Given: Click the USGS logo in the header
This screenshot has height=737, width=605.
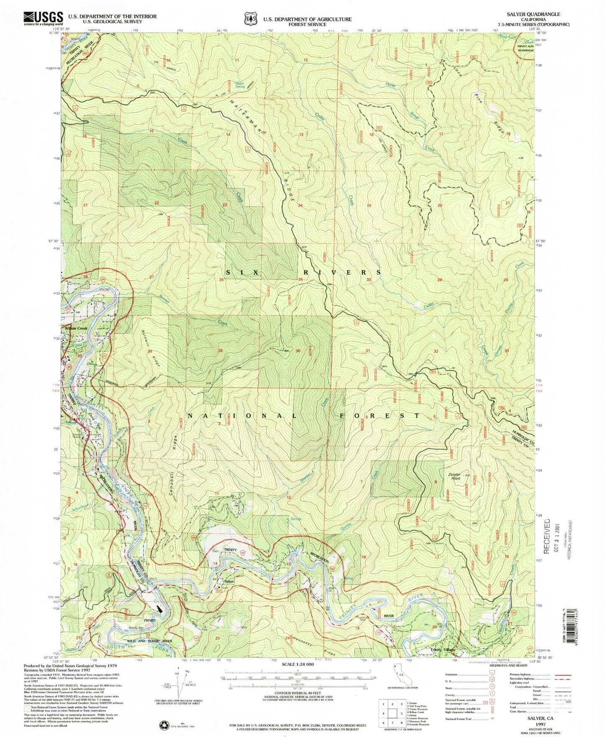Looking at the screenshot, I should click(x=44, y=18).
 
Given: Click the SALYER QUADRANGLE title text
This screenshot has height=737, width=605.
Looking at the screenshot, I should click(x=533, y=14).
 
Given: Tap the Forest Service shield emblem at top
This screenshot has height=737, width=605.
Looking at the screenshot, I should click(x=251, y=18).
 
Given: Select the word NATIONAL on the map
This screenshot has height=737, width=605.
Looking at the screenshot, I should click(x=243, y=416).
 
